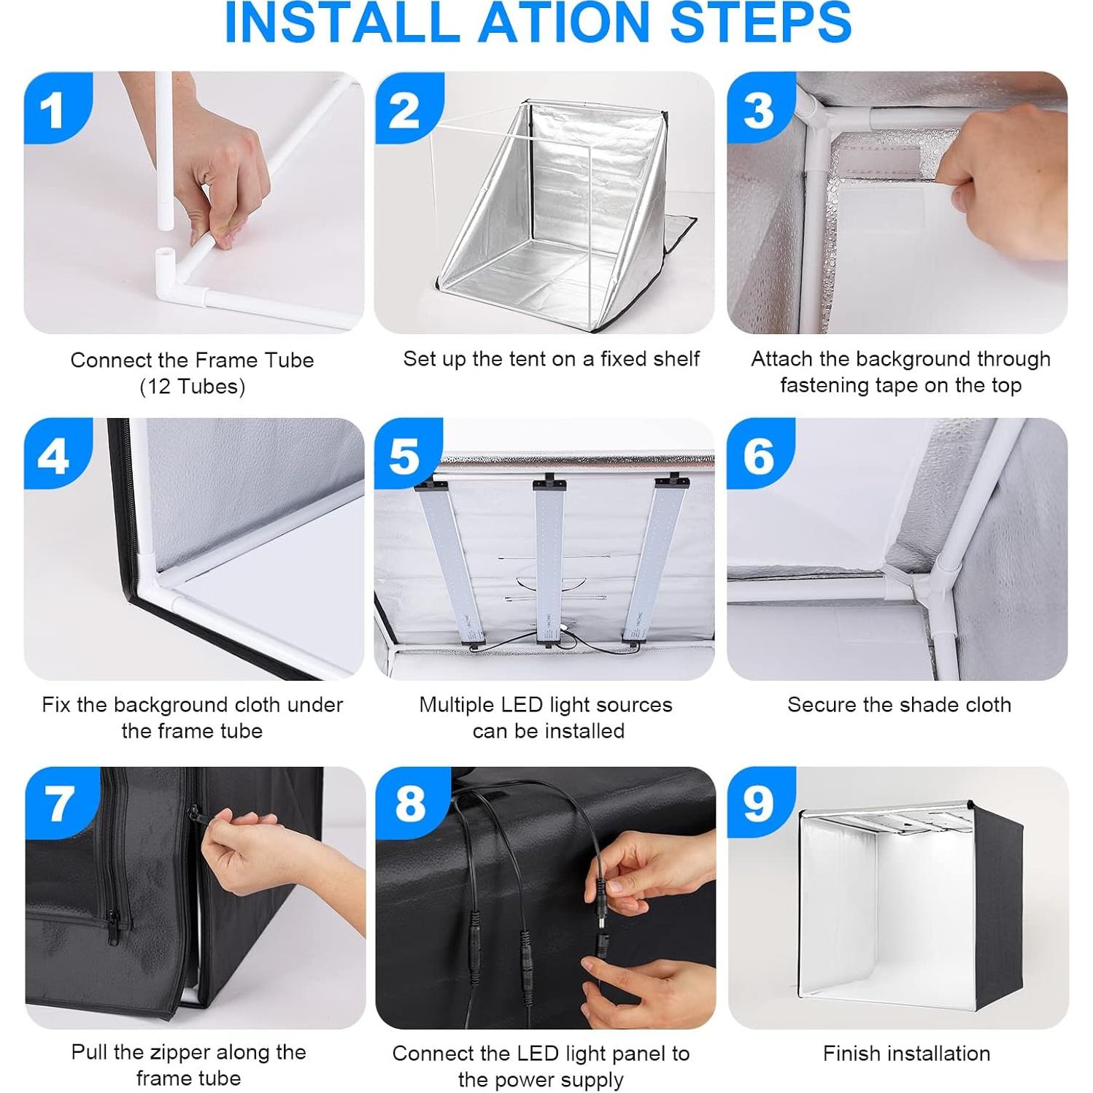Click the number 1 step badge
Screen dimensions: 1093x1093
[58, 107]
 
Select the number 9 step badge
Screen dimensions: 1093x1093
[761, 803]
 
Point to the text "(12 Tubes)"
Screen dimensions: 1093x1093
[192, 386]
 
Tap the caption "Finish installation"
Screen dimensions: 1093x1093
[906, 1053]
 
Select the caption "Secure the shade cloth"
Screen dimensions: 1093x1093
[899, 704]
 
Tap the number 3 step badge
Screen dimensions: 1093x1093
[761, 107]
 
